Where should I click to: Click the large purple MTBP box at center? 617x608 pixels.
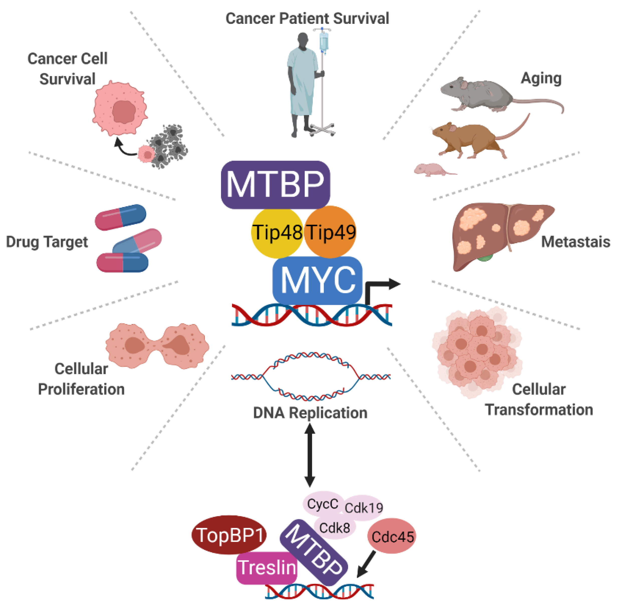coord(275,185)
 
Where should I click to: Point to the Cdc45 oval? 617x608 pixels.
coord(391,536)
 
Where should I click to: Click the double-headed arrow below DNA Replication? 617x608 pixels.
coord(310,455)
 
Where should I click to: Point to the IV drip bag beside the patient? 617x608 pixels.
coord(324,41)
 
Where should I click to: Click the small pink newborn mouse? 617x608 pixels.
coord(431,169)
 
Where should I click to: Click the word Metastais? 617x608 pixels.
coord(576,242)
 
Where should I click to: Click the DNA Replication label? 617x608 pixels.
coord(310,413)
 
